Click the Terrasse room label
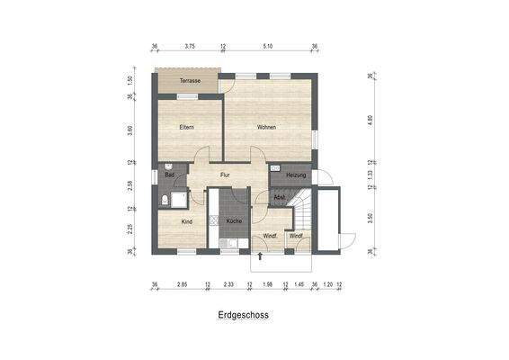pyautogui.click(x=189, y=81)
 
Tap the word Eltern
pyautogui.click(x=187, y=127)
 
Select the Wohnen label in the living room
pyautogui.click(x=266, y=127)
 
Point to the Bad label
pyautogui.click(x=169, y=175)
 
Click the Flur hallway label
pyautogui.click(x=226, y=175)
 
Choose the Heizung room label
pyautogui.click(x=296, y=175)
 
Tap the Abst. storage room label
pyautogui.click(x=280, y=196)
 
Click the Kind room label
pyautogui.click(x=187, y=220)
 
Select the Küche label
pyautogui.click(x=234, y=220)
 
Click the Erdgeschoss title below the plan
pyautogui.click(x=243, y=316)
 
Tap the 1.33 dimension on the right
pyautogui.click(x=370, y=175)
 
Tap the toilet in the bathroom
pyautogui.click(x=167, y=199)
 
